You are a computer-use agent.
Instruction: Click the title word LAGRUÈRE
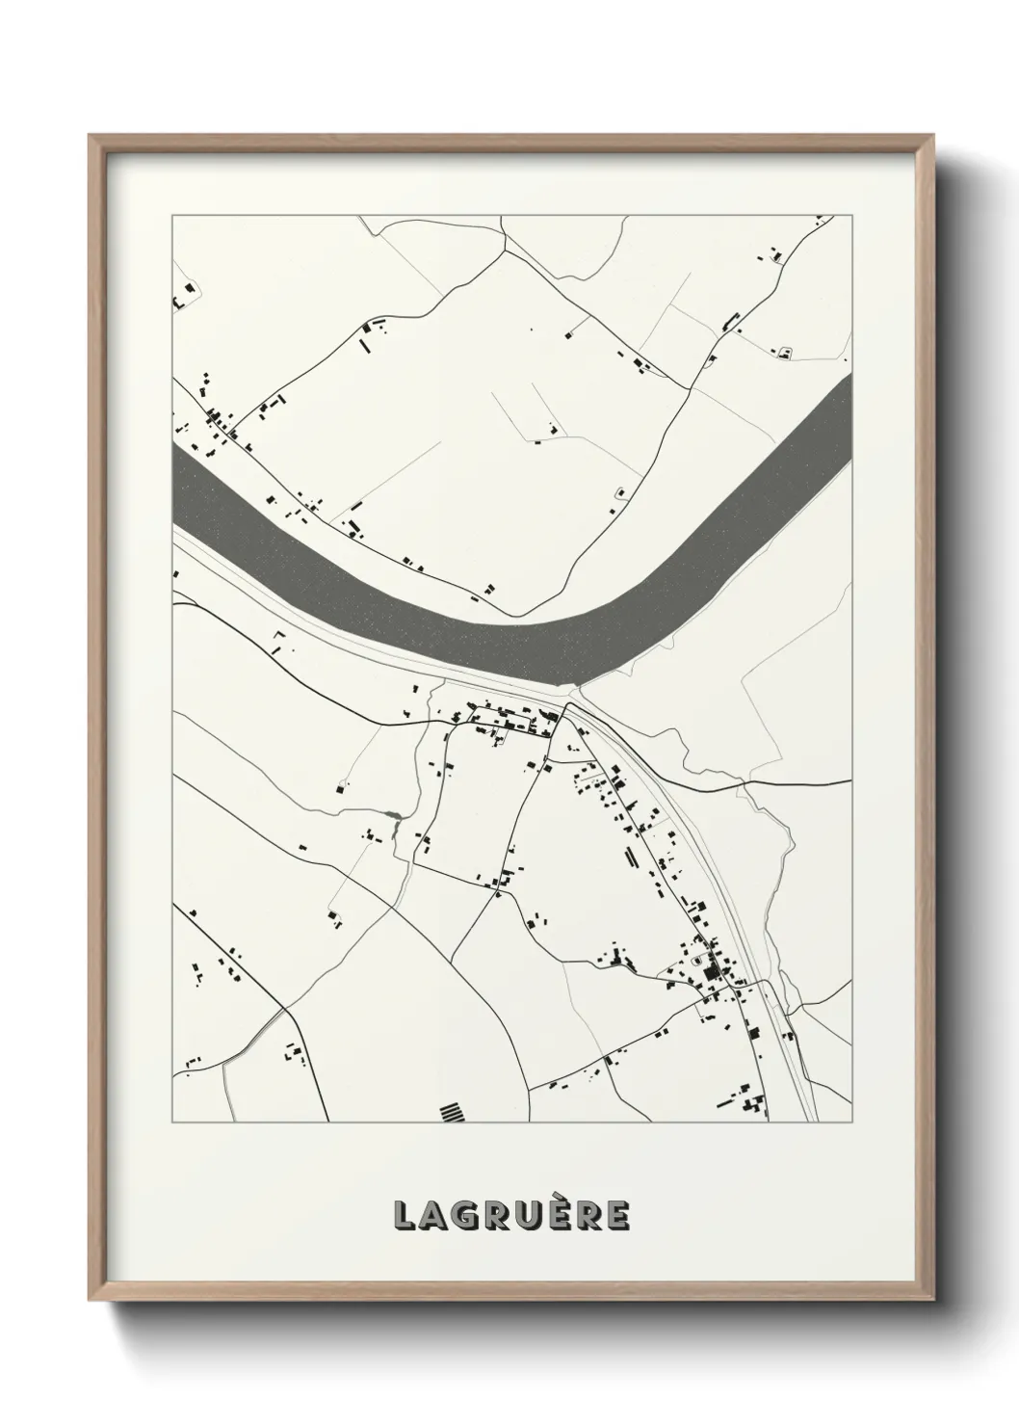[x=510, y=1216]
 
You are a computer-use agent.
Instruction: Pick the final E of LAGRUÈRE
[x=617, y=1217]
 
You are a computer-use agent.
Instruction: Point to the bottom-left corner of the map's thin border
[x=171, y=1122]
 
